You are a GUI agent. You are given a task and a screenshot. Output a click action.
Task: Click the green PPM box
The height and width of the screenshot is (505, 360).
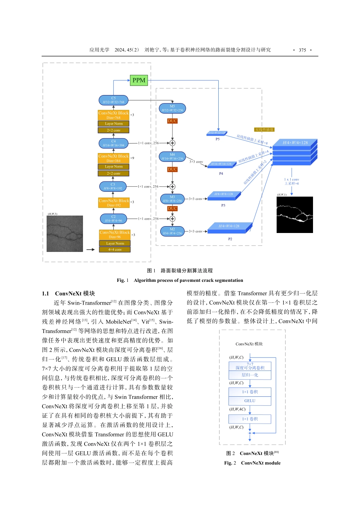139,80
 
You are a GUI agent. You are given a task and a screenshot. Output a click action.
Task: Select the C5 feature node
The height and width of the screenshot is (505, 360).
113,100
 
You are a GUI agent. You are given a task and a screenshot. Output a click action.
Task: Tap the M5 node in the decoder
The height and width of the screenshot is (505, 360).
172,108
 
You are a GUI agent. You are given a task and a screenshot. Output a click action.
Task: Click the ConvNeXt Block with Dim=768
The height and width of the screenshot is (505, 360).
113,115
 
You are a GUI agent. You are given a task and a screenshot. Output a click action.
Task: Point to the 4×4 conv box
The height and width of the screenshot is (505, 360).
114,250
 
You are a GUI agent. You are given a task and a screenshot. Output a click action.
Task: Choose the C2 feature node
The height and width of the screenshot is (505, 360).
113,219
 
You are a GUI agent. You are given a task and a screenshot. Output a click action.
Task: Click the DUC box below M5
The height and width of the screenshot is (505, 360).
172,121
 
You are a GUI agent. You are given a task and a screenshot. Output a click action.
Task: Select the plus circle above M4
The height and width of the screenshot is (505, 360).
172,143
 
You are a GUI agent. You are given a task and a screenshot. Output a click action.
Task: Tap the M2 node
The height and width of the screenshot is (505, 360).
172,231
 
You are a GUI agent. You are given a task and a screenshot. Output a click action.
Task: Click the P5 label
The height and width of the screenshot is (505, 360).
218,139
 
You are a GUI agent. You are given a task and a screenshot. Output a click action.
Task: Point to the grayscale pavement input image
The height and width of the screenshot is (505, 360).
65,234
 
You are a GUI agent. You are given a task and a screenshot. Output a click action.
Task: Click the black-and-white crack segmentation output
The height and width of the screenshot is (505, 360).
295,214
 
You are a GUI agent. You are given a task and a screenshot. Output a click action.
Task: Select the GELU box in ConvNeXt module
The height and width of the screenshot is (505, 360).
250,401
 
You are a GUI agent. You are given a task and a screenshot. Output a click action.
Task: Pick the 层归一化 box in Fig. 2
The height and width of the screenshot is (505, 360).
250,375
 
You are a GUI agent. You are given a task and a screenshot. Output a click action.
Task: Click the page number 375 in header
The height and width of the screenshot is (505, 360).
302,50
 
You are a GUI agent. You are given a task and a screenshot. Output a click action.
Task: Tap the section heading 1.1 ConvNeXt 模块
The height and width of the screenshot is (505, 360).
69,294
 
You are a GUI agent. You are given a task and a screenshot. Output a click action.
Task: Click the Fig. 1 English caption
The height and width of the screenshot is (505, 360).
180,280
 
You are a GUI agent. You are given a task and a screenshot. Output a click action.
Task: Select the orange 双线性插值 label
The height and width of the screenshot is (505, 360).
264,130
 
